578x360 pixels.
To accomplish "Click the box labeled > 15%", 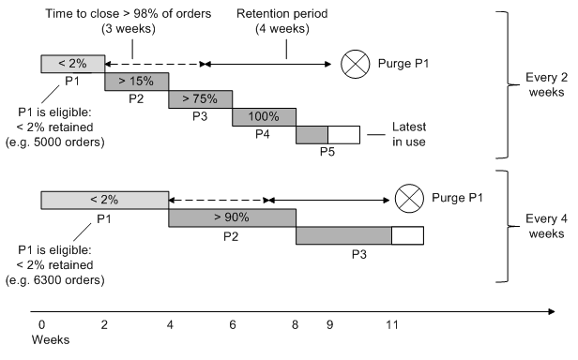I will (x=136, y=82).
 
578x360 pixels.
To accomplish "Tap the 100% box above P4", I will (x=264, y=117).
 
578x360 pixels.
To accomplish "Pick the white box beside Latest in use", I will (x=343, y=135).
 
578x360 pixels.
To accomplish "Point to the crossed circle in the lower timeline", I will (x=406, y=199).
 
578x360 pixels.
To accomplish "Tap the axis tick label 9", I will (x=328, y=323).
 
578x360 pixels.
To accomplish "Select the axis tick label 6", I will (x=232, y=323).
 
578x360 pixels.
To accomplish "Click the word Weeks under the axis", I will (x=50, y=340).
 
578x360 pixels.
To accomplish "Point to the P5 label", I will (x=327, y=152).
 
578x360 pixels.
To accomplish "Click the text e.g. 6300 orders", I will (x=61, y=280).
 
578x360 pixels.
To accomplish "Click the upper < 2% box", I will (x=72, y=64).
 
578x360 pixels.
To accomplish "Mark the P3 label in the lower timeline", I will (x=358, y=253).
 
